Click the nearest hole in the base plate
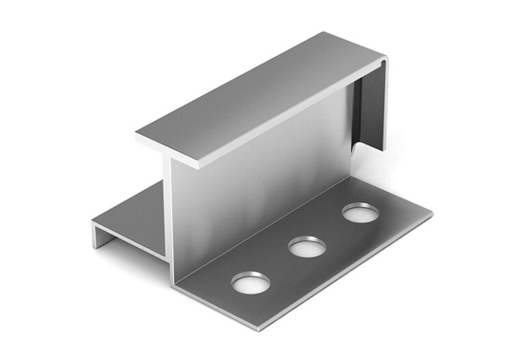pyautogui.click(x=251, y=281)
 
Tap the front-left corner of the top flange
pyautogui.click(x=138, y=137)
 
